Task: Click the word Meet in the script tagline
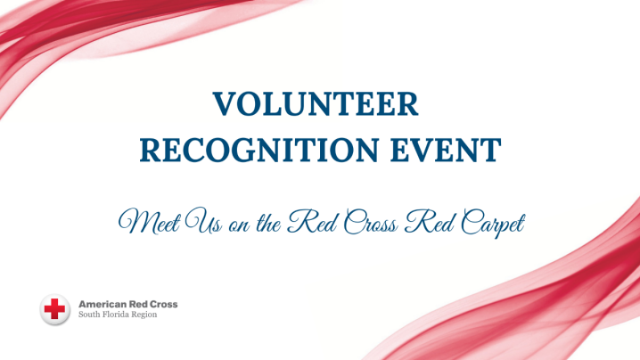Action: (148, 220)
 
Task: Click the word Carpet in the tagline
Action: (493, 220)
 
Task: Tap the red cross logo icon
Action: (55, 309)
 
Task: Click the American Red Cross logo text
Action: (128, 304)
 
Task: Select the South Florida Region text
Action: (119, 315)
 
